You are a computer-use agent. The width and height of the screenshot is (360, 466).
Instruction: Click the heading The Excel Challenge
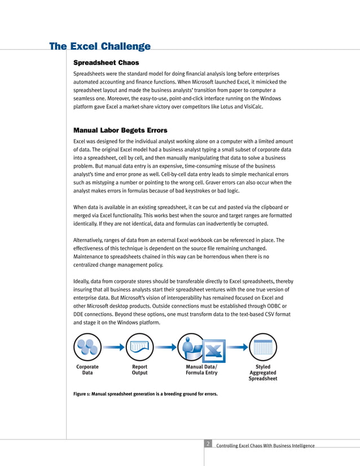pos(100,46)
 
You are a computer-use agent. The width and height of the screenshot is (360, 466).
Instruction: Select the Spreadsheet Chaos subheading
pos(106,62)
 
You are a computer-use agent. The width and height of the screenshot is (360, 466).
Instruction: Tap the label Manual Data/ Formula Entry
pos(201,370)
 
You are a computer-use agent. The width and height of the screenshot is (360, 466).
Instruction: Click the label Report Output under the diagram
pos(139,370)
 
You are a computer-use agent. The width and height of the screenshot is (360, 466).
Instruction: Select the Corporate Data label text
pos(87,370)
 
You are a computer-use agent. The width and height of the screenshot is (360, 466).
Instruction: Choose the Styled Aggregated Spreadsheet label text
pos(262,372)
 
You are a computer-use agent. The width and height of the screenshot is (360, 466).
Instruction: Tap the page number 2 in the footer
pos(208,445)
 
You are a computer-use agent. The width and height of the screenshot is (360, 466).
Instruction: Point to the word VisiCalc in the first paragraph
pos(251,106)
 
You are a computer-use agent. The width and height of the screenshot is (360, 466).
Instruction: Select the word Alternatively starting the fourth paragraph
pos(91,240)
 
